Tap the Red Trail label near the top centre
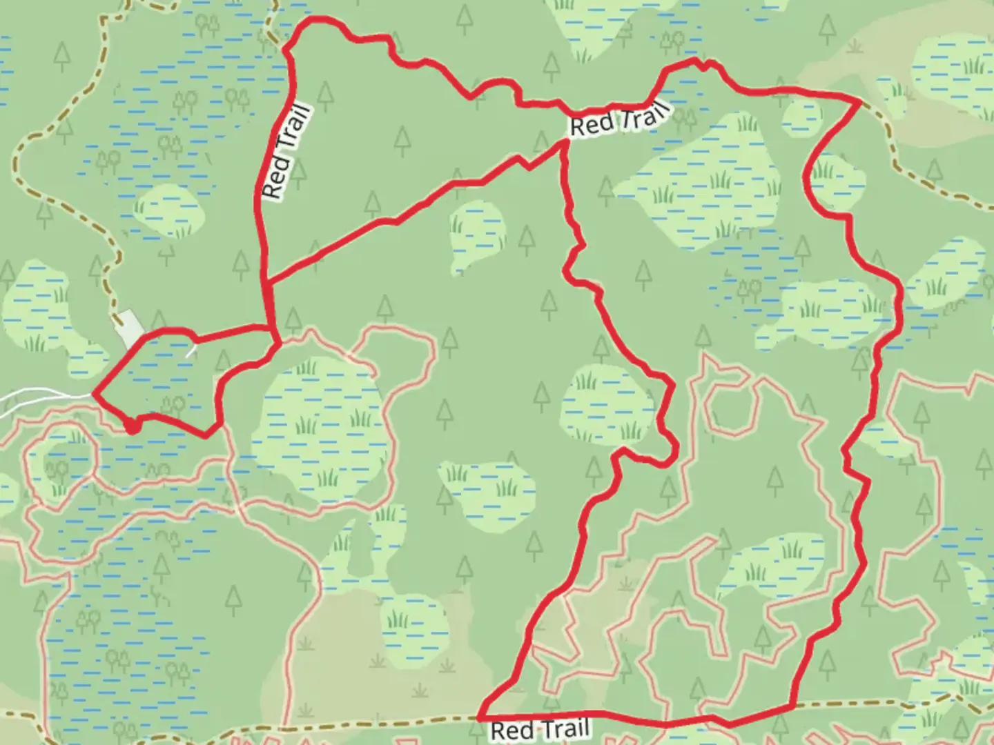[619, 119]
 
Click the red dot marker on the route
[131, 428]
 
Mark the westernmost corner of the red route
[94, 394]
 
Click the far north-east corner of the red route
[859, 102]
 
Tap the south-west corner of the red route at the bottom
[480, 717]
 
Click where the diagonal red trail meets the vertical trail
[266, 281]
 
